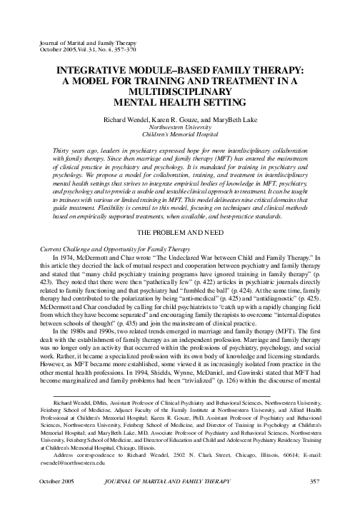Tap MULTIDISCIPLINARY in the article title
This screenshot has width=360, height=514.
pos(180,92)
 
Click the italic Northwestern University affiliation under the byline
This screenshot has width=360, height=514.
pos(179,121)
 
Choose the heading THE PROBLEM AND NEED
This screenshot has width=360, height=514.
pos(179,193)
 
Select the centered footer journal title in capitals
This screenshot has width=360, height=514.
pos(180,501)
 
